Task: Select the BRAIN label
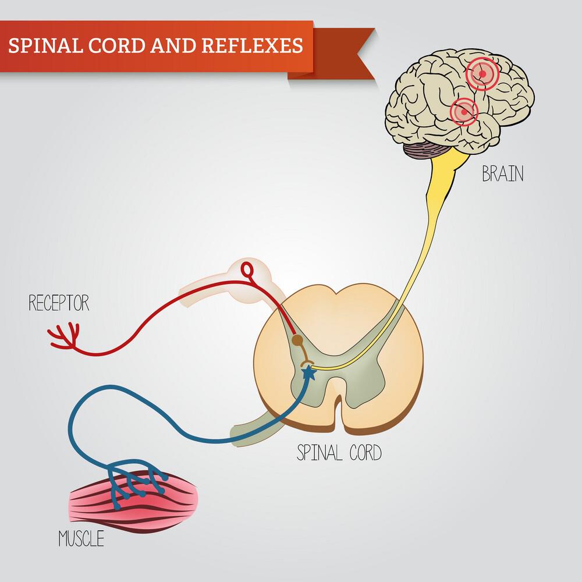[502, 173]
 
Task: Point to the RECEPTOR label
[59, 303]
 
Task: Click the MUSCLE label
[81, 539]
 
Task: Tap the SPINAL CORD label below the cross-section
[339, 452]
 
